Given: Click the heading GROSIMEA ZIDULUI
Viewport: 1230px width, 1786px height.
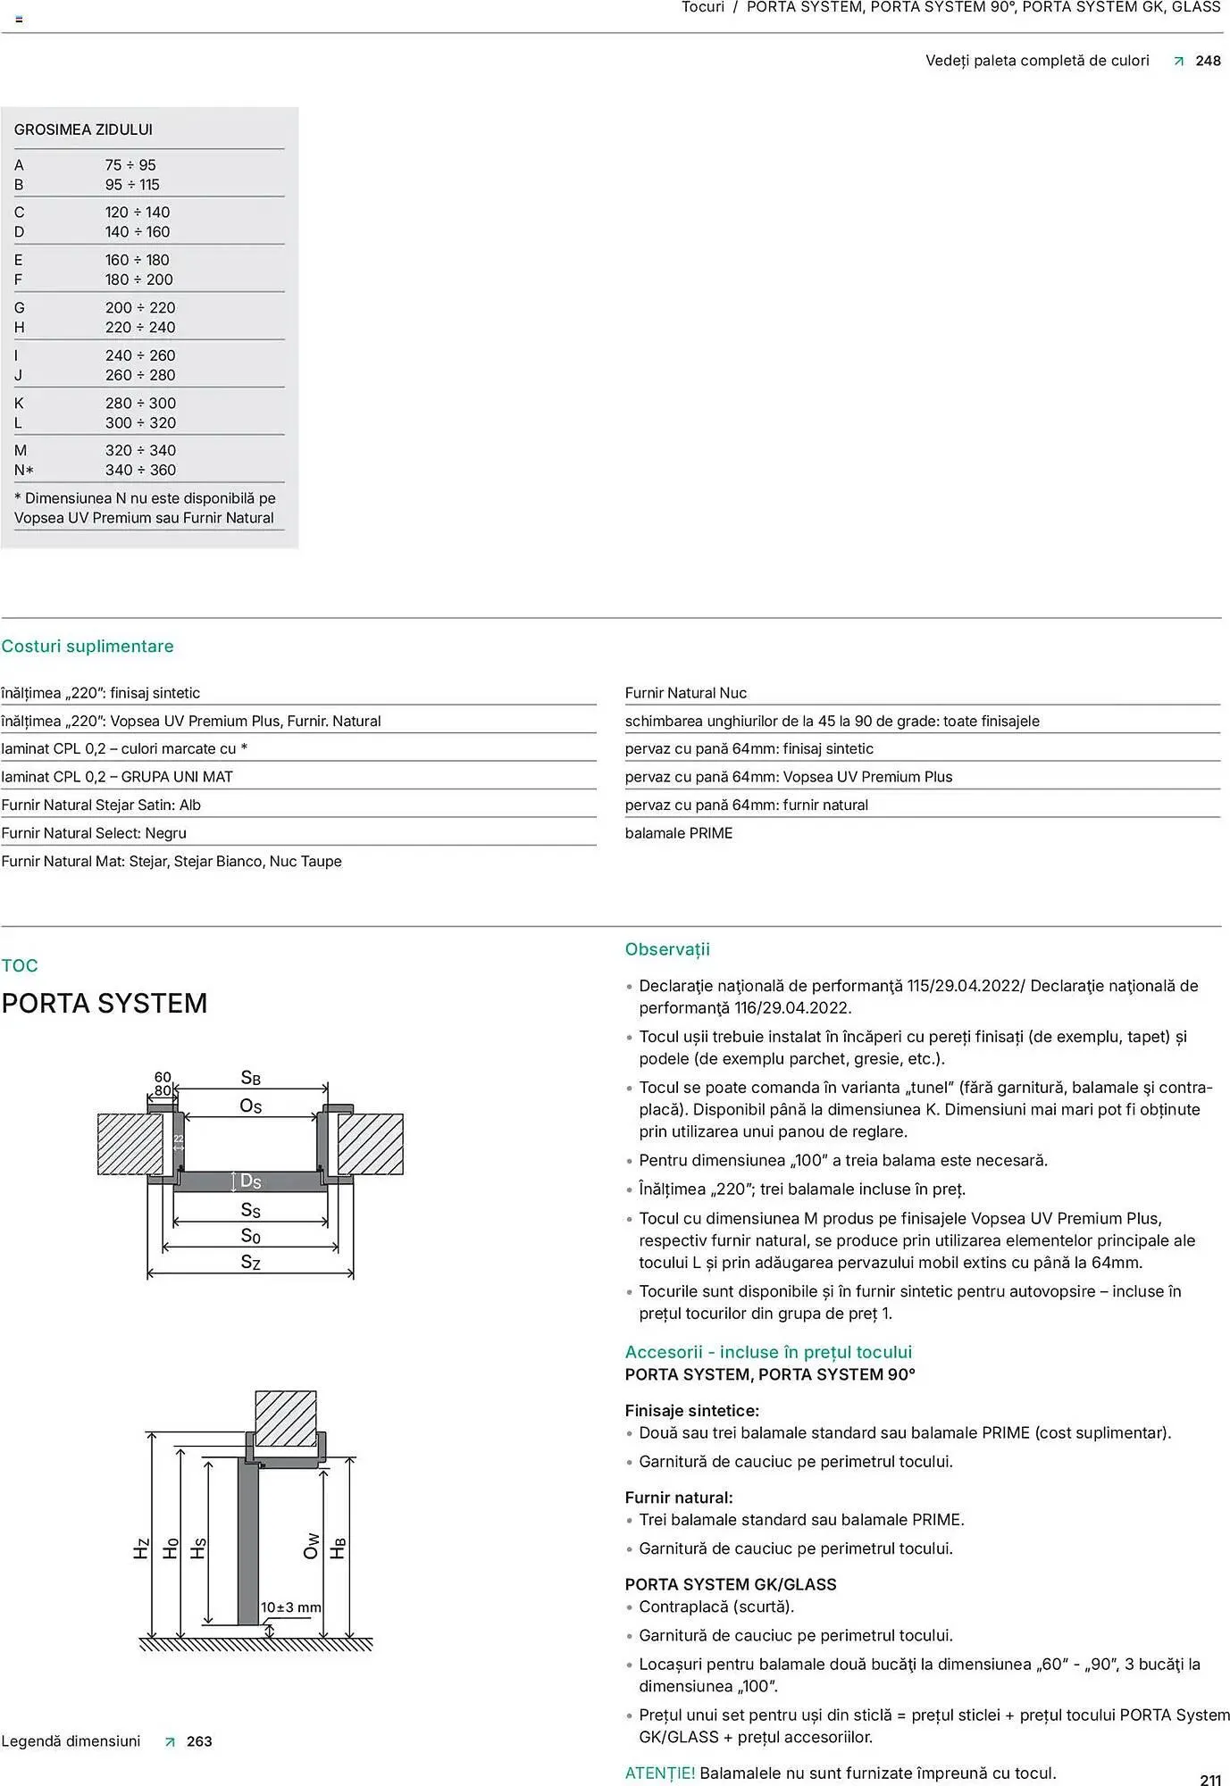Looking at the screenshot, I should pos(83,129).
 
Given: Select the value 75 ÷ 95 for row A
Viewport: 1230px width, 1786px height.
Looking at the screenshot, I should pos(130,165).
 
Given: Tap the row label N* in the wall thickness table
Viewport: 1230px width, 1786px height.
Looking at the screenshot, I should pos(24,471).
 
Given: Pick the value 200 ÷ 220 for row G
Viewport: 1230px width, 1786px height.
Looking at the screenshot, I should pos(140,308).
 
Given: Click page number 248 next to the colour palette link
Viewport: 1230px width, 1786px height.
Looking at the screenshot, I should pos(1208,61).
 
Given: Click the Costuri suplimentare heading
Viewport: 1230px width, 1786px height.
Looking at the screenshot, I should pos(88,647).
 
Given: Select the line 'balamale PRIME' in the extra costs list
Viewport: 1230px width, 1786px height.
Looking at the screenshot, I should pos(679,833).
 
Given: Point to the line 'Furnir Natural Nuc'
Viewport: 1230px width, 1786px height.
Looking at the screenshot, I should pos(686,693).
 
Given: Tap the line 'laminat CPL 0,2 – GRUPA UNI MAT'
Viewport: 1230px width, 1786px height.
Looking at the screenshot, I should pos(117,777).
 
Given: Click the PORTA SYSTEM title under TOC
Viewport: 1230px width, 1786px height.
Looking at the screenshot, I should pos(105,1004).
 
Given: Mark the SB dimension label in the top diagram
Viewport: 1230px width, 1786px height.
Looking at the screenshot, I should pos(251,1078).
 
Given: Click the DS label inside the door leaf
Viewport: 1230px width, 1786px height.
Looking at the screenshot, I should pos(250,1181).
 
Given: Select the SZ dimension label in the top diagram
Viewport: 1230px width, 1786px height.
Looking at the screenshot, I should pos(251,1262).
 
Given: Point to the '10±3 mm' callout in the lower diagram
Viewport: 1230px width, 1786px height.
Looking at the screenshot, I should pos(290,1607).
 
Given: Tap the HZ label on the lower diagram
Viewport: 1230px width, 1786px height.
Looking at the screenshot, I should pos(141,1548).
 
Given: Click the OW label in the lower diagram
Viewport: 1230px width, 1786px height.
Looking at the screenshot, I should pos(311,1546).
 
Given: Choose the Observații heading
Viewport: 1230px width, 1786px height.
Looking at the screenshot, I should pos(667,949).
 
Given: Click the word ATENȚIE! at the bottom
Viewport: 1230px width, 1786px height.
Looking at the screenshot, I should pos(660,1773).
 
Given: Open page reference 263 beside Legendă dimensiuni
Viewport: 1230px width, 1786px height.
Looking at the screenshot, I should pos(199,1741).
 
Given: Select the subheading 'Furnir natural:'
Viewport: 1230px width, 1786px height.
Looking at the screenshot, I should pos(679,1498).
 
